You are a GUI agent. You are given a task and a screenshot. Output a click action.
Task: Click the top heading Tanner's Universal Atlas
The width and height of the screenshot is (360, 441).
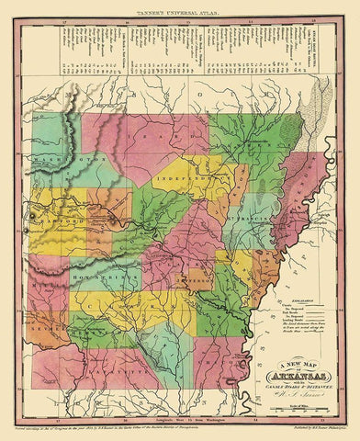coord(180,10)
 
